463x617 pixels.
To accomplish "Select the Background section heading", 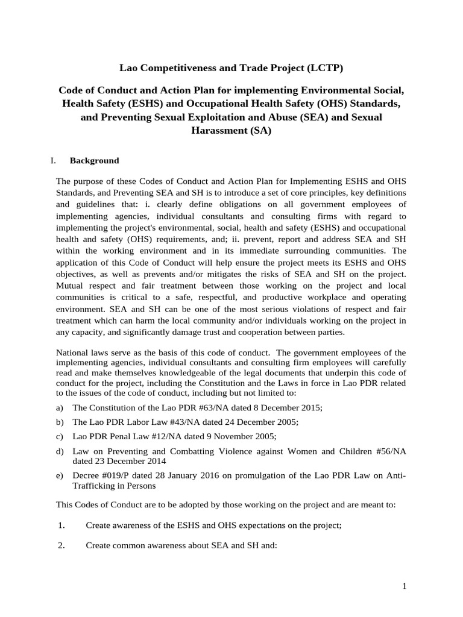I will coord(94,161).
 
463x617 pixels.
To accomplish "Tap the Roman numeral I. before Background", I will coord(52,161).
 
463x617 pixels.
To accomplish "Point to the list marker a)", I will coord(59,408).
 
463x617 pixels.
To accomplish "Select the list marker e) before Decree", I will coord(59,476).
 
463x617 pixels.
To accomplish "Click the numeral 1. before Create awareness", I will coord(61,525).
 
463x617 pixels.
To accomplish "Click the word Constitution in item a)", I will coord(113,408).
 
